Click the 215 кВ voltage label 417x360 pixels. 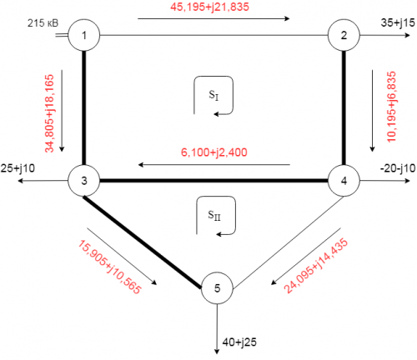43,23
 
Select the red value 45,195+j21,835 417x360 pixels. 209,7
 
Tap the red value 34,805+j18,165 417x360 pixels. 49,113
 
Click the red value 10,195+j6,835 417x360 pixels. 391,107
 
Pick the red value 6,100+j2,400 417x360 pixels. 214,152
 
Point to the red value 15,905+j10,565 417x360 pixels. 109,267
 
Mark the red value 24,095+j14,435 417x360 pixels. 316,266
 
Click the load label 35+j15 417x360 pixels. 398,22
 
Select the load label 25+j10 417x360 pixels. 18,168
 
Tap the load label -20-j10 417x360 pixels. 398,168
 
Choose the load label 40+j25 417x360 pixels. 239,342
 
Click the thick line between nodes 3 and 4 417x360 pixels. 214,181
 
